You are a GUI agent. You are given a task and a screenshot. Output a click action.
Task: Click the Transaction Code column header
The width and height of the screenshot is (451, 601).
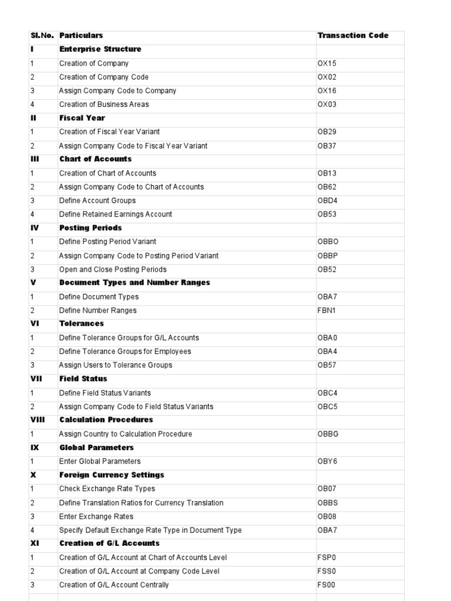click(x=352, y=36)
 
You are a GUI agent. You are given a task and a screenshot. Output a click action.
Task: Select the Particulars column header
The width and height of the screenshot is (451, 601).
click(x=81, y=36)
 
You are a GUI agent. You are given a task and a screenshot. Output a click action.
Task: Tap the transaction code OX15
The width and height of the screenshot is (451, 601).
click(x=327, y=63)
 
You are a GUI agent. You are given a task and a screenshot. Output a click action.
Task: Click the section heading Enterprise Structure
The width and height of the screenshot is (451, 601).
click(x=100, y=49)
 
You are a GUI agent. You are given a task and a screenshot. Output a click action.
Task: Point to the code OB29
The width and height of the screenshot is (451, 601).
click(x=327, y=132)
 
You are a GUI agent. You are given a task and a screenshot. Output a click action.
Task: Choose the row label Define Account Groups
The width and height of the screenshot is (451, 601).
click(x=97, y=201)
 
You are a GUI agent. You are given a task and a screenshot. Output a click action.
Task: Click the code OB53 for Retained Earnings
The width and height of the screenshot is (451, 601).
click(x=327, y=214)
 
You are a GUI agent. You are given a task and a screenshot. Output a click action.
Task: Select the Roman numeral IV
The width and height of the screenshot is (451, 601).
click(x=35, y=228)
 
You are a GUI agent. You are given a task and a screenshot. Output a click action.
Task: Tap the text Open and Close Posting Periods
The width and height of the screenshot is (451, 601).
click(x=113, y=269)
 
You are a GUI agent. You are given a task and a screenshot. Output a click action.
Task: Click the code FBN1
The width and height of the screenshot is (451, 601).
click(x=327, y=310)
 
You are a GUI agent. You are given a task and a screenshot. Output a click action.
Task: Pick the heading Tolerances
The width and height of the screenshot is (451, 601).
click(x=81, y=323)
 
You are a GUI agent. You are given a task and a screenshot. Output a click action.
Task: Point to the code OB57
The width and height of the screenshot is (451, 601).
click(x=327, y=365)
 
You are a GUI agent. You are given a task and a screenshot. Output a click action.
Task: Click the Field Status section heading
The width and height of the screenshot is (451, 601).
click(x=83, y=379)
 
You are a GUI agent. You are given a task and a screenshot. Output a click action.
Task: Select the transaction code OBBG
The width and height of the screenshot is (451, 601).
click(x=328, y=434)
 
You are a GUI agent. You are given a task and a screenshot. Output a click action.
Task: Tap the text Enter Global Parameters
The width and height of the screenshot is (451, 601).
click(x=100, y=461)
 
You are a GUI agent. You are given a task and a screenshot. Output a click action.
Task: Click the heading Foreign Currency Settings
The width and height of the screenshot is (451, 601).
click(x=112, y=475)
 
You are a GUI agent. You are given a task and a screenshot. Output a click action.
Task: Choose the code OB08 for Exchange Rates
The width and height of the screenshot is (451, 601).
click(x=327, y=516)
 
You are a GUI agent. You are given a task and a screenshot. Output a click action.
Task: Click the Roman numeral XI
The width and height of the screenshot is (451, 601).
click(x=35, y=543)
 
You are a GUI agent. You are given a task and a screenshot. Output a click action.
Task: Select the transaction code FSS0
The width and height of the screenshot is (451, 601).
click(x=327, y=571)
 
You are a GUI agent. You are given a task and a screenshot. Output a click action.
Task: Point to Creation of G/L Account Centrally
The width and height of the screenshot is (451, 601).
click(x=114, y=585)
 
